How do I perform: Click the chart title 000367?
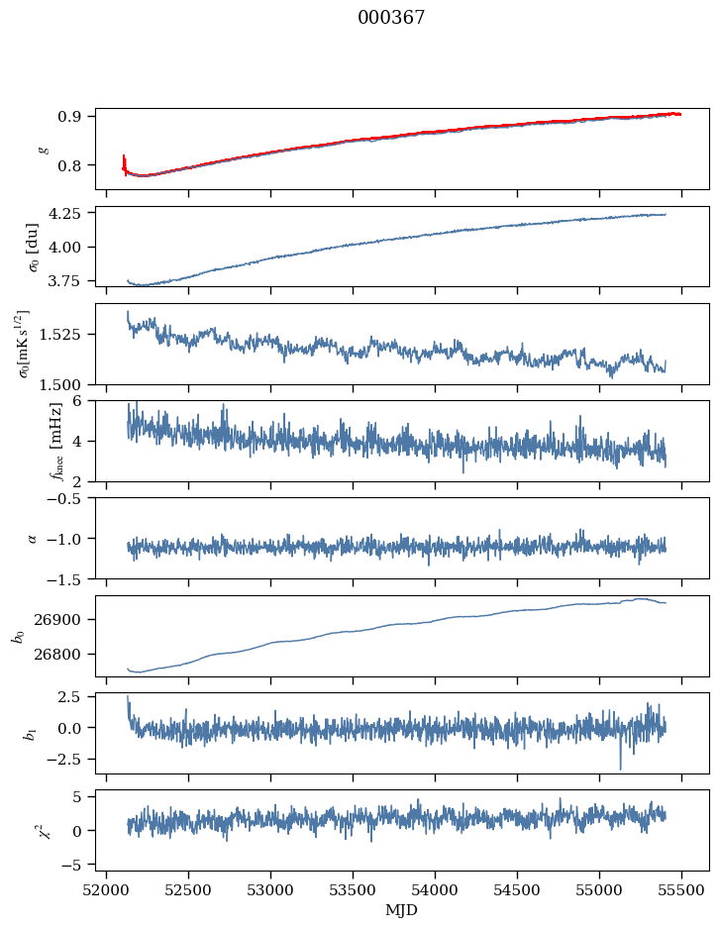[391, 18]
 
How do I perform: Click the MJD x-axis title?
[401, 909]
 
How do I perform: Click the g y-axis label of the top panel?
[43, 149]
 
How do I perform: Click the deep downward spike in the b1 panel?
[621, 768]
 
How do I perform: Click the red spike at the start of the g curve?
[124, 159]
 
